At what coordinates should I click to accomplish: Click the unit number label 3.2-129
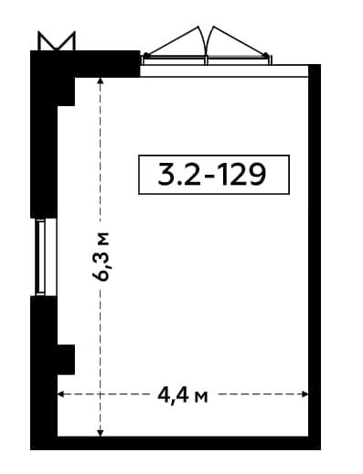tap(212, 175)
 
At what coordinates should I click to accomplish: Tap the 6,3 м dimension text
tap(101, 257)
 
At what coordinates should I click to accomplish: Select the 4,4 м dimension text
tap(183, 396)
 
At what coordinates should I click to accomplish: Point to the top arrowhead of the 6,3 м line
tap(101, 81)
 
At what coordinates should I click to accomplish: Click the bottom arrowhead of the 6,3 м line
tap(101, 433)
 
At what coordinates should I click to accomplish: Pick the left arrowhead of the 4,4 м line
tap(61, 394)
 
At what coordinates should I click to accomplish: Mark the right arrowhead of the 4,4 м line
tap(304, 394)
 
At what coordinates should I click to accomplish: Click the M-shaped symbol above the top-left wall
tap(57, 41)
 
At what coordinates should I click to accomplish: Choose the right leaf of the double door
tap(239, 44)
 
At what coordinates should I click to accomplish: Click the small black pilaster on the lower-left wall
tap(66, 360)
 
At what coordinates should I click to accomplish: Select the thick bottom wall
tap(176, 443)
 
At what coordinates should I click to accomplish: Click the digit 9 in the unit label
tap(257, 175)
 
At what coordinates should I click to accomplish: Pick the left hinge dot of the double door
tap(146, 55)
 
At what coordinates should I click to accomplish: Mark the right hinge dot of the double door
tap(266, 55)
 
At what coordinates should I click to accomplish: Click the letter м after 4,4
tap(201, 397)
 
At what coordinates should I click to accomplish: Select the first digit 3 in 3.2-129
tap(166, 175)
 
